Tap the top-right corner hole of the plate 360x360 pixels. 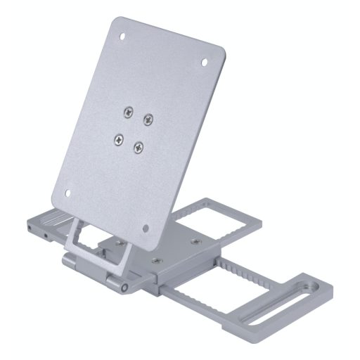click(x=205, y=62)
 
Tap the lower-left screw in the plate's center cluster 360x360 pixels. click(x=119, y=139)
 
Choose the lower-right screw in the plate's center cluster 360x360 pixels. click(x=139, y=147)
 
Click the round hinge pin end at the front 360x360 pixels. click(x=124, y=288)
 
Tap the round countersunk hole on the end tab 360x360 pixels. click(x=307, y=286)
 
